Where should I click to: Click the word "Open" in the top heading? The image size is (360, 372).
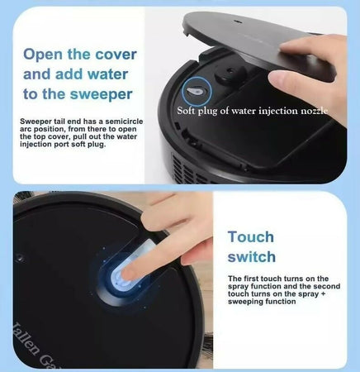tap(43, 55)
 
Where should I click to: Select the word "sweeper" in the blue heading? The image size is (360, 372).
tap(101, 94)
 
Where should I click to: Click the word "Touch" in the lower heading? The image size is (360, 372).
tap(251, 237)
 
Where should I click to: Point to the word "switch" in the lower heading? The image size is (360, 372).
tap(252, 257)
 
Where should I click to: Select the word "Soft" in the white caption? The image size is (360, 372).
tap(186, 111)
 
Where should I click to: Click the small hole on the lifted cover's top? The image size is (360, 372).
tap(236, 20)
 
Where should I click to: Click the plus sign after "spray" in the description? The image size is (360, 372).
tap(323, 293)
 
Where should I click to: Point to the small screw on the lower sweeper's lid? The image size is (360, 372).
tap(19, 259)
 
